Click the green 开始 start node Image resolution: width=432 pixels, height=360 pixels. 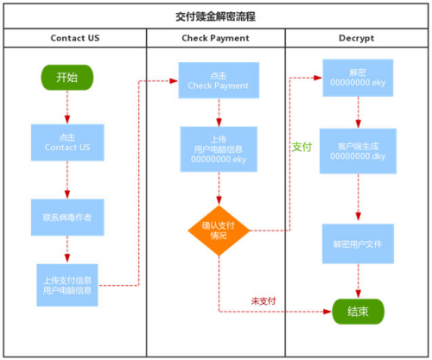pyautogui.click(x=67, y=78)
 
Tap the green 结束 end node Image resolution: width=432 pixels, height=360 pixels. pyautogui.click(x=358, y=312)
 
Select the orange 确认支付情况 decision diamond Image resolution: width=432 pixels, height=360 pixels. pyautogui.click(x=219, y=231)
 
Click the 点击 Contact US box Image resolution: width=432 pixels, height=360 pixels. pyautogui.click(x=67, y=142)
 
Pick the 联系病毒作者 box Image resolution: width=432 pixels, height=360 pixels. pyautogui.click(x=67, y=218)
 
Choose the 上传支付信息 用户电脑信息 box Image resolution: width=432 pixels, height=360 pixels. pyautogui.click(x=67, y=285)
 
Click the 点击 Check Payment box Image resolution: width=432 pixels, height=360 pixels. pyautogui.click(x=219, y=80)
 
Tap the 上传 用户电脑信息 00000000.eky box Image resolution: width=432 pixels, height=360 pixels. pyautogui.click(x=219, y=149)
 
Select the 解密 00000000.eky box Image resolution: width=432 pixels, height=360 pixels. pyautogui.click(x=358, y=78)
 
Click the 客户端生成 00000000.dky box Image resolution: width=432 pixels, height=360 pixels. pyautogui.click(x=358, y=151)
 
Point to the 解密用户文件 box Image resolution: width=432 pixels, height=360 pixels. pyautogui.click(x=358, y=243)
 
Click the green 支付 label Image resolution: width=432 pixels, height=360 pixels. pyautogui.click(x=302, y=147)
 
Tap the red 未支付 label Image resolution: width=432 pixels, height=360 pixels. pyautogui.click(x=264, y=301)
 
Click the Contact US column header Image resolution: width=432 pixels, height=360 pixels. pyautogui.click(x=75, y=38)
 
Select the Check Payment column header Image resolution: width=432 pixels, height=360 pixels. pyautogui.click(x=215, y=38)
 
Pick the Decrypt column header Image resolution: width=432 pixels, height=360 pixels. pyautogui.click(x=357, y=38)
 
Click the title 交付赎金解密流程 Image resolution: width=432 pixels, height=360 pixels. pyautogui.click(x=216, y=16)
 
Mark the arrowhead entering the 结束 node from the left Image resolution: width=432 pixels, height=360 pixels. pyautogui.click(x=327, y=312)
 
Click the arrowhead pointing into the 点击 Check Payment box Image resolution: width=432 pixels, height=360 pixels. pyautogui.click(x=174, y=81)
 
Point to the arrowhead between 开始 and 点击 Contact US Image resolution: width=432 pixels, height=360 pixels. pyautogui.click(x=67, y=119)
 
